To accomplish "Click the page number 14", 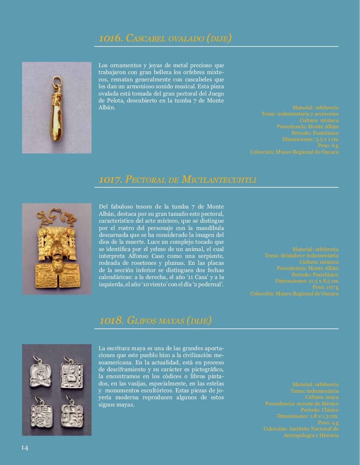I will pos(24,448).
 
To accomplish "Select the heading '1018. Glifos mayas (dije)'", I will pos(155,320).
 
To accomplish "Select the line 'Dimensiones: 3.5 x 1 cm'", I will pos(310,139).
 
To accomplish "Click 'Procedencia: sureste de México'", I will pos(301,404).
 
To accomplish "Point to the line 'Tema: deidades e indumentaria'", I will pos(301,255).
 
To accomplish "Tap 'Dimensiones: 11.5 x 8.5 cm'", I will pos(307,281).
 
